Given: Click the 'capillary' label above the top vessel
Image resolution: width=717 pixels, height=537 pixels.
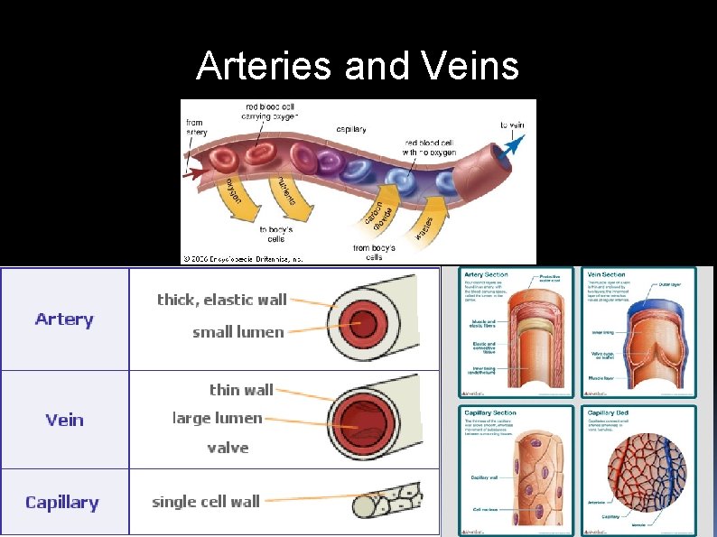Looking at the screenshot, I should point(351,129).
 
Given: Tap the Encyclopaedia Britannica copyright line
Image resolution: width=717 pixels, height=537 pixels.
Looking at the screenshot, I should point(242,258).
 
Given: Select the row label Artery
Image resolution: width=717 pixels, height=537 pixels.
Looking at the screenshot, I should point(64,319).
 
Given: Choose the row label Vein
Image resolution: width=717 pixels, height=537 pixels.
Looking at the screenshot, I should point(64,420).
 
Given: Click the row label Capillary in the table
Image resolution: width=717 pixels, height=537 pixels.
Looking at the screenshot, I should point(62,503).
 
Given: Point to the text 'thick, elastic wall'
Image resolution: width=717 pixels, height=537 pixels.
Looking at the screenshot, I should point(221,300).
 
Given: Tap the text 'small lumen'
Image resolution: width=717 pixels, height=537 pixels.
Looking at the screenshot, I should point(237,332).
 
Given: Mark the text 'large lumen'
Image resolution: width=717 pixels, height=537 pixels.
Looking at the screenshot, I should point(217,418).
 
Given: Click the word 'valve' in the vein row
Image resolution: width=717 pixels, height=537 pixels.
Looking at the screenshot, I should point(228,448).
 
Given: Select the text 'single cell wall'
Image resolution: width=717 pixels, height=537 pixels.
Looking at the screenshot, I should point(206,502).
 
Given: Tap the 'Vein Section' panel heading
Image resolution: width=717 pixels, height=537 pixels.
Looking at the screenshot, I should point(606,274).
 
